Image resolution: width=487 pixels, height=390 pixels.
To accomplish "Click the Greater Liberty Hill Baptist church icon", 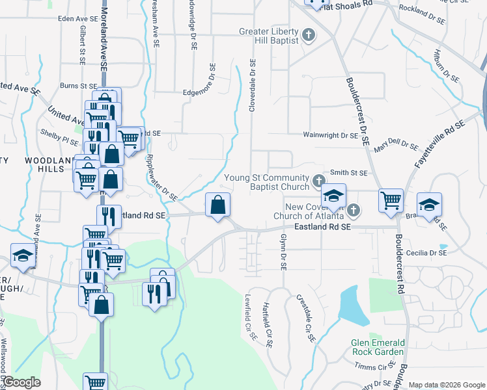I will point(309,35).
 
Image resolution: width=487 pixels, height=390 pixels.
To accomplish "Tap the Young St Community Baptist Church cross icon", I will point(318,180).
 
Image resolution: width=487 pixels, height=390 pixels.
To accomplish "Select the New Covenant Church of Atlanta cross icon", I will point(352,209).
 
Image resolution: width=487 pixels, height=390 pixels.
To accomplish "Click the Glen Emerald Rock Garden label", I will point(378,347).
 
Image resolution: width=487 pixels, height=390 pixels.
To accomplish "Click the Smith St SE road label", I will point(348,173).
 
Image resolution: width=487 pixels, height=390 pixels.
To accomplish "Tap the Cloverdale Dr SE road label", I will point(252,86).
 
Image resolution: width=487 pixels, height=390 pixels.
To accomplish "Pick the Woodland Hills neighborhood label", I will point(46,164).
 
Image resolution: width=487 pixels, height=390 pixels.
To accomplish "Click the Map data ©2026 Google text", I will point(446,385).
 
